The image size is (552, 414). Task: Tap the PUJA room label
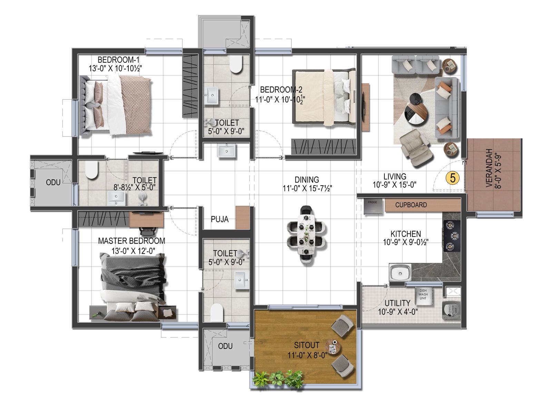coord(219,219)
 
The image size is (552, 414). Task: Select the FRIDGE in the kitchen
coord(373,206)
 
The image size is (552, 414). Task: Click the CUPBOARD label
coord(411,205)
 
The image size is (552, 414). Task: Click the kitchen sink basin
coord(400,273)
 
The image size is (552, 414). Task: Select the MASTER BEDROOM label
coord(131,241)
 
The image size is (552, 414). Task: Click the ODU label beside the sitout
coord(225,346)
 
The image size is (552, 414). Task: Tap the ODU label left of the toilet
coord(53,182)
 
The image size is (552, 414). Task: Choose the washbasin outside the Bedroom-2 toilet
coord(227,151)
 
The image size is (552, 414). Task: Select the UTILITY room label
coord(397,303)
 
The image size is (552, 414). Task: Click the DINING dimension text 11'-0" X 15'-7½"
coord(307,188)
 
